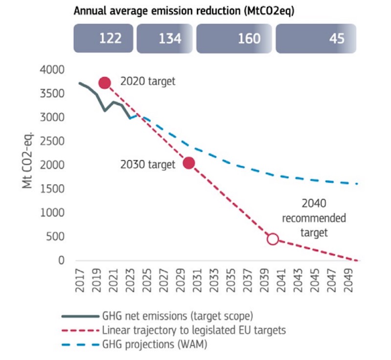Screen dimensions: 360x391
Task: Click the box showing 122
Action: tap(104, 39)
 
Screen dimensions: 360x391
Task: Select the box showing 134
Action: tap(165, 39)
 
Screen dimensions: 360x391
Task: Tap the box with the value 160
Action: tap(235, 39)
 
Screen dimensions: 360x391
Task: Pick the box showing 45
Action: tap(316, 39)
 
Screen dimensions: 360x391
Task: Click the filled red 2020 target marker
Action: tap(108, 83)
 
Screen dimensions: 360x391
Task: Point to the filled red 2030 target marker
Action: tap(189, 163)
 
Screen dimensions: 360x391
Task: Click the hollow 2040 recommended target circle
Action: tap(273, 239)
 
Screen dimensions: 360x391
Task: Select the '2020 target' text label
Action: tap(148, 82)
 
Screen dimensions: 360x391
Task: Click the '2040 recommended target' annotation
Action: tap(313, 218)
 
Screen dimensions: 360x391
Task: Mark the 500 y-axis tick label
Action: tap(58, 237)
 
